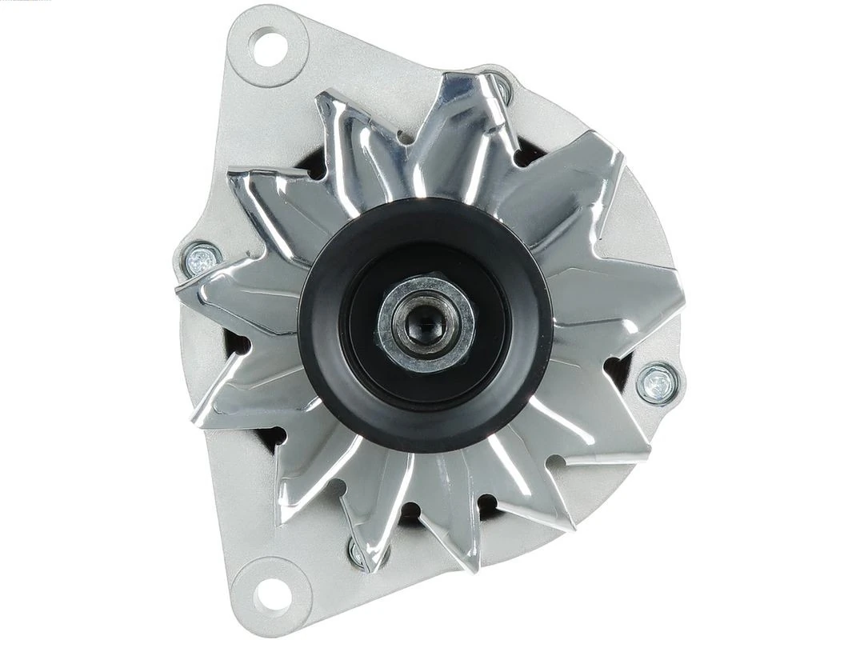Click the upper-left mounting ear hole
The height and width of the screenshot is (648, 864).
click(268, 46)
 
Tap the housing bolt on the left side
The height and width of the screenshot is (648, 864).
click(202, 258)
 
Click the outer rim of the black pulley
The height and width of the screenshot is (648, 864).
click(320, 376)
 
